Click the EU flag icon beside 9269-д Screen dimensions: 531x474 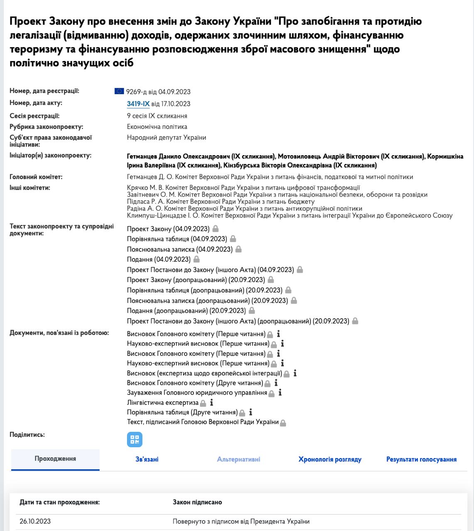119,91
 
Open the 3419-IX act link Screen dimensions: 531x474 138,104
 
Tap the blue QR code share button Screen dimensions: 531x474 134,440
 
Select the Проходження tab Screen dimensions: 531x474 55,459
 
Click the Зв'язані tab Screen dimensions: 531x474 147,459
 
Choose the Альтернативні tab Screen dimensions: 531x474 238,459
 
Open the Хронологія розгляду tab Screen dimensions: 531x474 330,459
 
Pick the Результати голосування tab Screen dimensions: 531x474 421,459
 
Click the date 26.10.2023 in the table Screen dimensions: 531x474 35,521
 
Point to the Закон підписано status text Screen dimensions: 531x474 197,502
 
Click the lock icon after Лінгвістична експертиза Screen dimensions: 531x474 203,403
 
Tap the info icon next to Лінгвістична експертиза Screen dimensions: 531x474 212,402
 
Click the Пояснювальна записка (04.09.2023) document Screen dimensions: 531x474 179,249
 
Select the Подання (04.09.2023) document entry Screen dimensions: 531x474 159,259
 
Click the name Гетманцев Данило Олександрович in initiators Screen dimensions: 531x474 201,156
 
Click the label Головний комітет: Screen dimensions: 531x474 36,177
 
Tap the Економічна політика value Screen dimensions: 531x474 157,127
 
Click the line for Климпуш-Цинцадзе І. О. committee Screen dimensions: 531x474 289,215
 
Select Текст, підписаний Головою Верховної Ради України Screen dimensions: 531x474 203,422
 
